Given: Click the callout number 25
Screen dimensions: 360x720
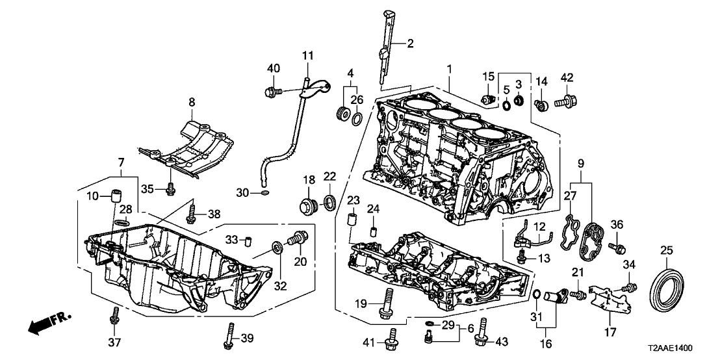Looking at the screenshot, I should pyautogui.click(x=666, y=250).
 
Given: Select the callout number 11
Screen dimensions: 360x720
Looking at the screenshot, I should pyautogui.click(x=307, y=56).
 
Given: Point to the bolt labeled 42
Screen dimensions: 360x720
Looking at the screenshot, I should pyautogui.click(x=567, y=100).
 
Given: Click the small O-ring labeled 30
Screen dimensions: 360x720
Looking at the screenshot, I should pyautogui.click(x=264, y=193).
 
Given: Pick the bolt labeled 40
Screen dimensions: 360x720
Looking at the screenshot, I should pyautogui.click(x=272, y=92).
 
